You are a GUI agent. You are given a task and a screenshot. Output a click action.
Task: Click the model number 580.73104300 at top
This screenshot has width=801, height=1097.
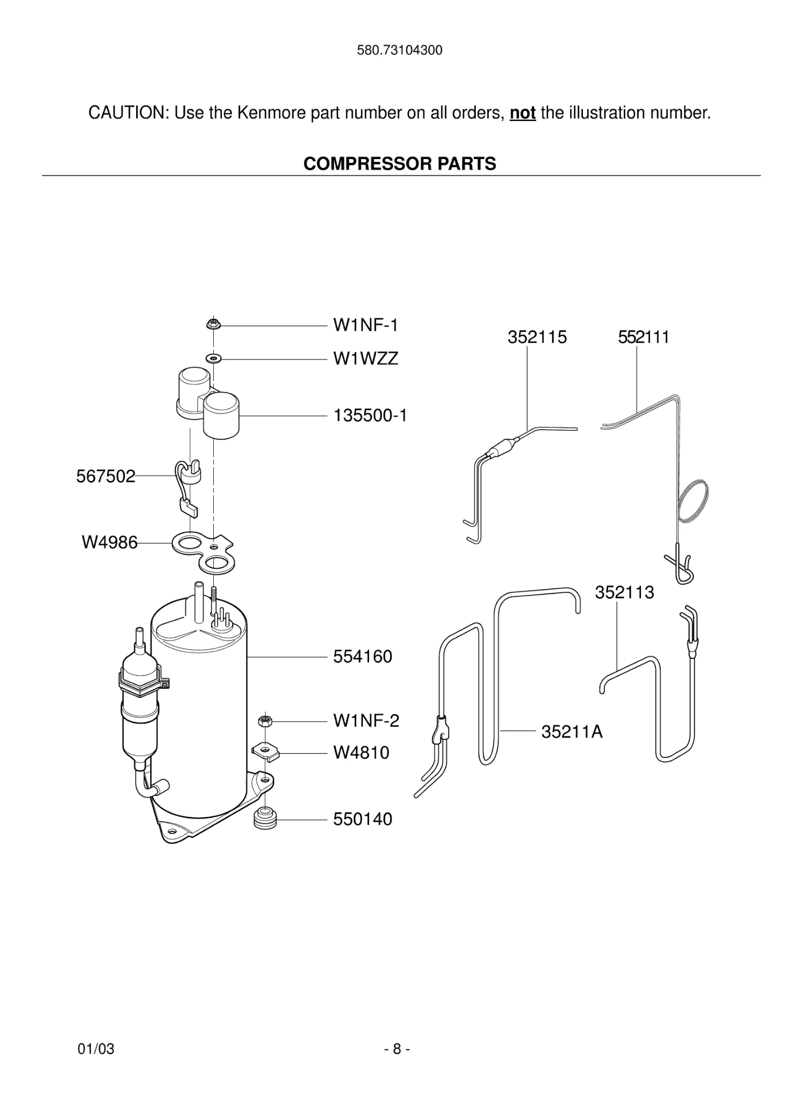[400, 50]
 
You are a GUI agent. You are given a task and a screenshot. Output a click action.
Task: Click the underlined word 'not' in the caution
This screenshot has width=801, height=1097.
[522, 113]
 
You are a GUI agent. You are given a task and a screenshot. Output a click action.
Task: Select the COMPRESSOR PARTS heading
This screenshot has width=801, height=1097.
[400, 163]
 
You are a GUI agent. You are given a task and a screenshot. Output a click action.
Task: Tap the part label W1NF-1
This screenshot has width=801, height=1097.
[365, 325]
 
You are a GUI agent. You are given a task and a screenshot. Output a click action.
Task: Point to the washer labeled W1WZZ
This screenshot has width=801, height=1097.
[214, 357]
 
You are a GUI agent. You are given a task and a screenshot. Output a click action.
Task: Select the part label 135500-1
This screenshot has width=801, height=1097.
[370, 415]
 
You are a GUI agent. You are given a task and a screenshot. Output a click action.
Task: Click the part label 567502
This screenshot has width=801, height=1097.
[106, 476]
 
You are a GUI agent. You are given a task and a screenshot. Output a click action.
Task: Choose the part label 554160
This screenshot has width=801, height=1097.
[363, 656]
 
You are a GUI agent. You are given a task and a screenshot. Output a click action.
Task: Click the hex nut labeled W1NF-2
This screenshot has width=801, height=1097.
[263, 721]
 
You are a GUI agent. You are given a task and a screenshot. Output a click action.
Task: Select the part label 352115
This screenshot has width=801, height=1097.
[537, 337]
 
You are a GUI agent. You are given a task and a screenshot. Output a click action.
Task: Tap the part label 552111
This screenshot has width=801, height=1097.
[643, 337]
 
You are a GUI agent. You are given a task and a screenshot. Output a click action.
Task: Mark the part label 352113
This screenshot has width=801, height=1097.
[624, 592]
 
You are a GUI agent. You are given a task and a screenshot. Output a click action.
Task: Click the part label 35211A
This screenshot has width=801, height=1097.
[572, 732]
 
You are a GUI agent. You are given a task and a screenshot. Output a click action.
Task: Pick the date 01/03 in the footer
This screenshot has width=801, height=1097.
[96, 1049]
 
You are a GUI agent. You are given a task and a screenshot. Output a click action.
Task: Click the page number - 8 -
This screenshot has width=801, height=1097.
[397, 1049]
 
